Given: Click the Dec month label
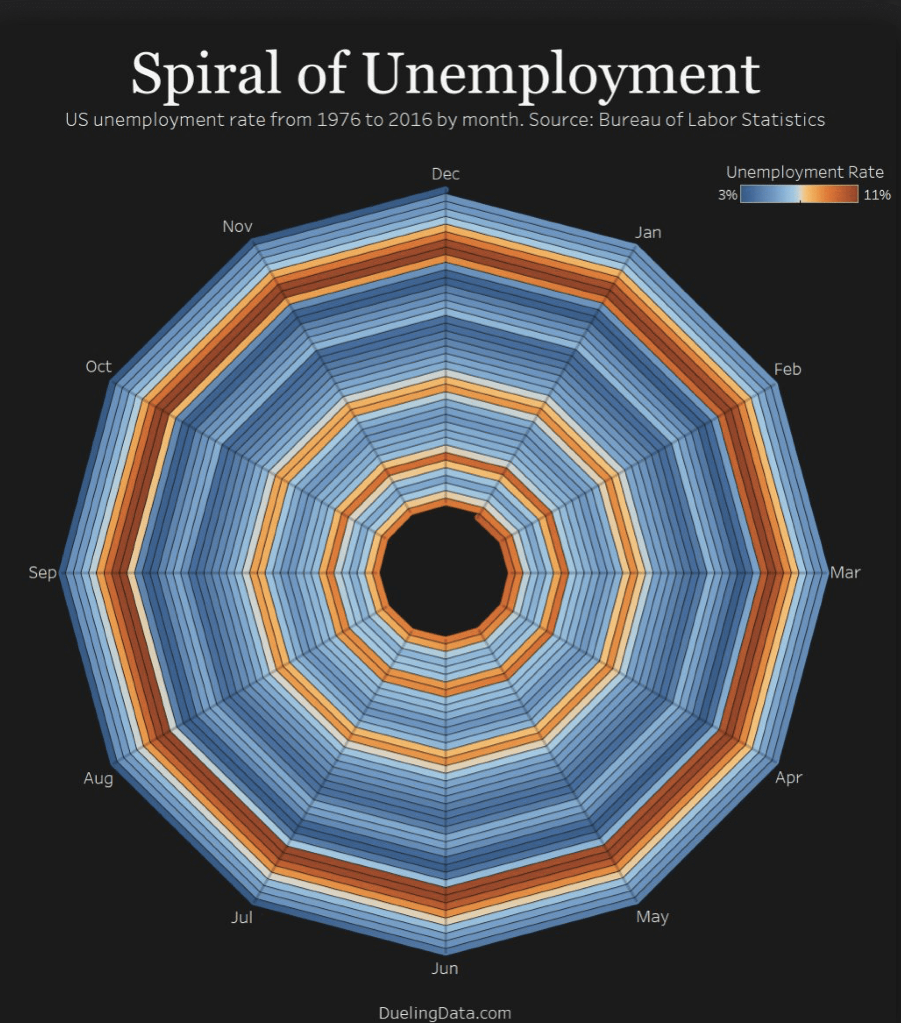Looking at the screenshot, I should click(x=445, y=174).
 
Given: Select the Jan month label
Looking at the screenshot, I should click(x=648, y=232).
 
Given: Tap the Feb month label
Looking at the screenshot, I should click(x=787, y=369).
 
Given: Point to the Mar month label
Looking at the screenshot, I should click(x=845, y=572).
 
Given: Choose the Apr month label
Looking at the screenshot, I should click(x=788, y=777).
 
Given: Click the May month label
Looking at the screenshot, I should click(x=652, y=916).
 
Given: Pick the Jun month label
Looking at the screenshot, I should click(x=445, y=968).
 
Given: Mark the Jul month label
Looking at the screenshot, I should click(x=241, y=917).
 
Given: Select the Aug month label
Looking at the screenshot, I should click(x=98, y=778).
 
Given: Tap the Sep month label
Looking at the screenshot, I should click(x=42, y=572).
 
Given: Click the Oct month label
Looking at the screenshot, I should click(x=98, y=367).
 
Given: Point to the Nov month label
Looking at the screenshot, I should click(x=237, y=226).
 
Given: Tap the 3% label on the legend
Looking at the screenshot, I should click(x=727, y=195).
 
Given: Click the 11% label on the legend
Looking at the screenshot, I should click(x=876, y=195).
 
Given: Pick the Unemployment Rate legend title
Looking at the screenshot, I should click(x=804, y=172).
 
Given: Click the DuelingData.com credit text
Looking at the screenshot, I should click(x=445, y=1012).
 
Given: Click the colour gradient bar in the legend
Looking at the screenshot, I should click(x=799, y=194).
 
